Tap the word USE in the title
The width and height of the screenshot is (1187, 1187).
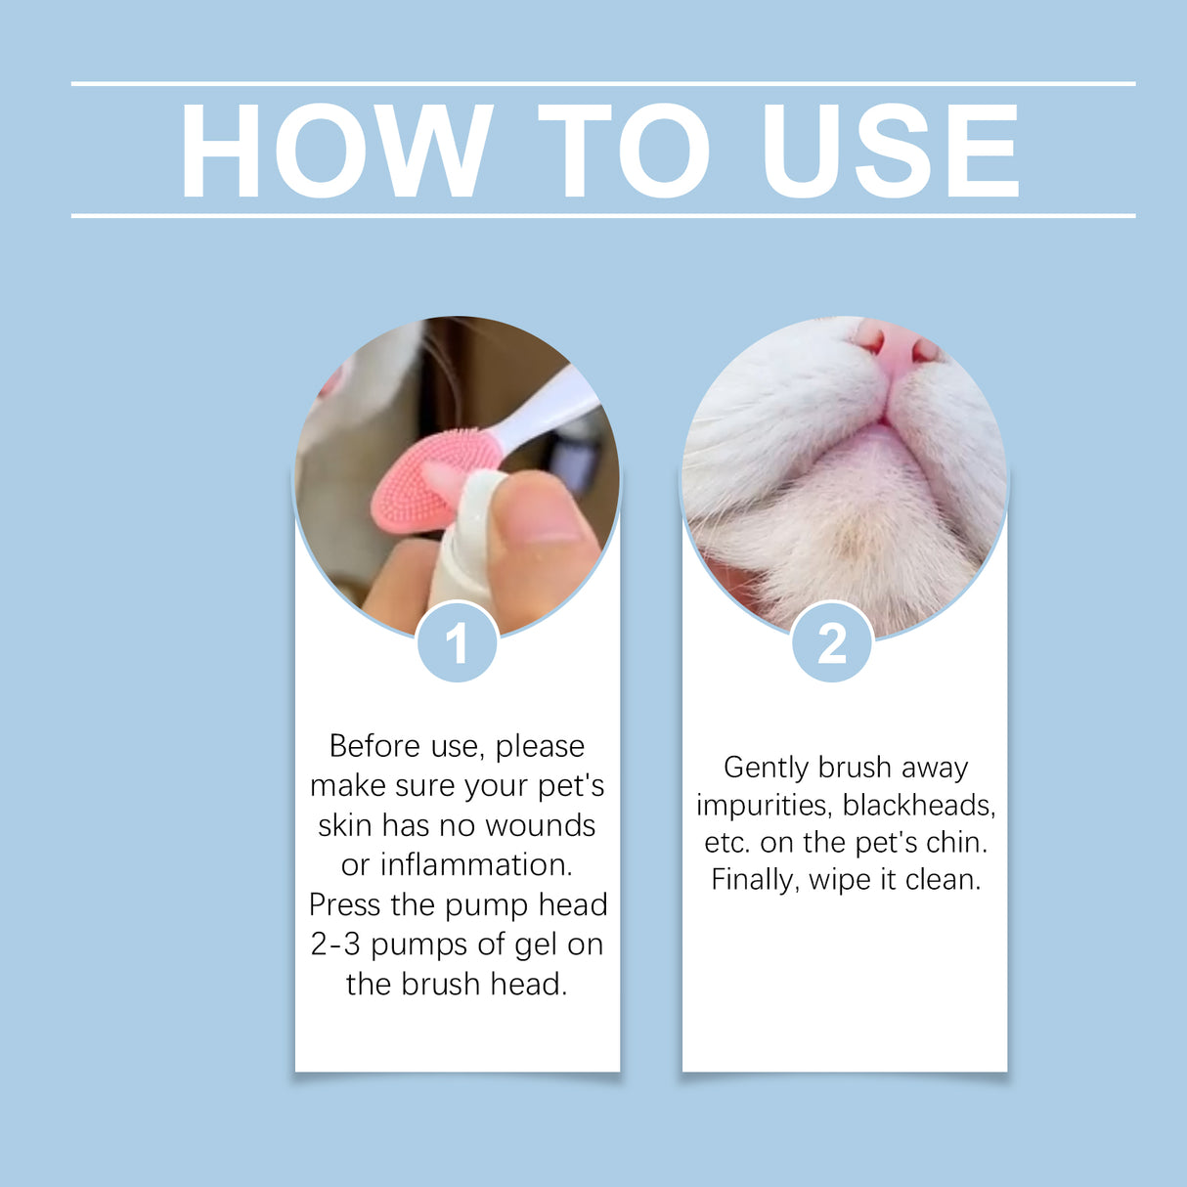pyautogui.click(x=890, y=152)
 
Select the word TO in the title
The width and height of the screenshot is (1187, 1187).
pyautogui.click(x=623, y=152)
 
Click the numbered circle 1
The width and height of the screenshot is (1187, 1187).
pyautogui.click(x=457, y=643)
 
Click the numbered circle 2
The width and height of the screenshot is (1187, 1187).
pyautogui.click(x=832, y=643)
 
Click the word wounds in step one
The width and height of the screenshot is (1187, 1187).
pyautogui.click(x=540, y=825)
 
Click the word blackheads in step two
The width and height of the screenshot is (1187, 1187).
pyautogui.click(x=918, y=806)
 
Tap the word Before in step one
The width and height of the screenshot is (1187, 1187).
pyautogui.click(x=374, y=746)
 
